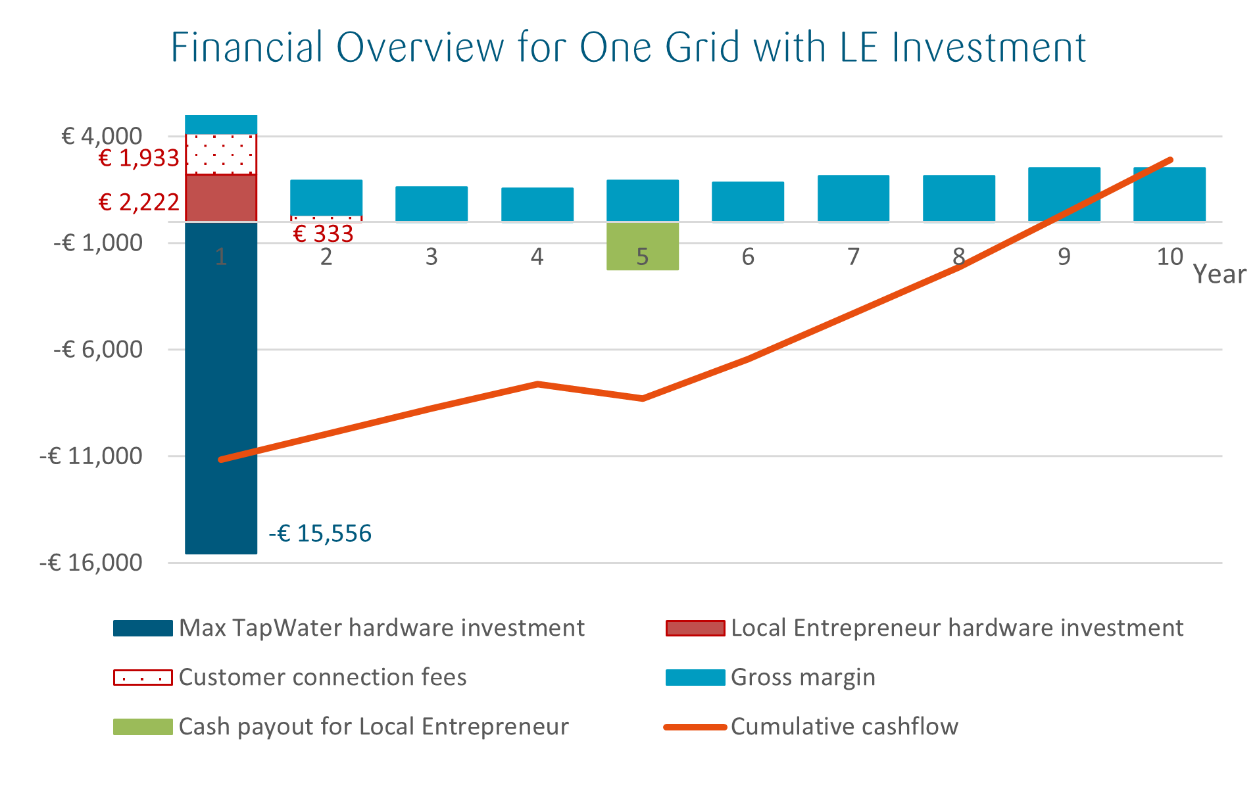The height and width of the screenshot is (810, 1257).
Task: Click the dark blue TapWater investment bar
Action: pos(220,394)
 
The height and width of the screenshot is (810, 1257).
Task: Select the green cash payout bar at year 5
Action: pos(642,247)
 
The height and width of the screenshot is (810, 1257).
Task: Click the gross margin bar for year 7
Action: pos(853,198)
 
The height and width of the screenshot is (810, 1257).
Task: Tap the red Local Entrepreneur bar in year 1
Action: pos(220,198)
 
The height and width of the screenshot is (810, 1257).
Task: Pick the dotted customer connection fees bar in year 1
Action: pos(220,155)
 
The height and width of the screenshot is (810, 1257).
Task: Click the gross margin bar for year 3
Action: pos(431,204)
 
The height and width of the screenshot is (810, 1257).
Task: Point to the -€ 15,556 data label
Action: pos(320,533)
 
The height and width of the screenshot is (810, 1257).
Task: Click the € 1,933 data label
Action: pos(139,158)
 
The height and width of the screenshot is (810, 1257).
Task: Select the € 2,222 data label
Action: pos(139,202)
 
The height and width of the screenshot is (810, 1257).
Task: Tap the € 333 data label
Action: pos(323,233)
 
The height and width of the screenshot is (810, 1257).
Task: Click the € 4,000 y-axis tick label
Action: pos(101,136)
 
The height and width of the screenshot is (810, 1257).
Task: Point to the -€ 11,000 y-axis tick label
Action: pos(91,456)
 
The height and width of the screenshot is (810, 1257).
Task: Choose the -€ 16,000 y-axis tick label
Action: pos(91,563)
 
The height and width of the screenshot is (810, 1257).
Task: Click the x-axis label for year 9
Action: pos(1064,256)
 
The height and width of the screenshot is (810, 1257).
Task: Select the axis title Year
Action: pos(1219,274)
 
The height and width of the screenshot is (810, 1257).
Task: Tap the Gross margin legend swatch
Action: pos(695,677)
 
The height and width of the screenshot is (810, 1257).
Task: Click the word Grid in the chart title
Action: pos(703,47)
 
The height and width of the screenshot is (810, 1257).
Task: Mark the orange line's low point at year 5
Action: pos(642,398)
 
